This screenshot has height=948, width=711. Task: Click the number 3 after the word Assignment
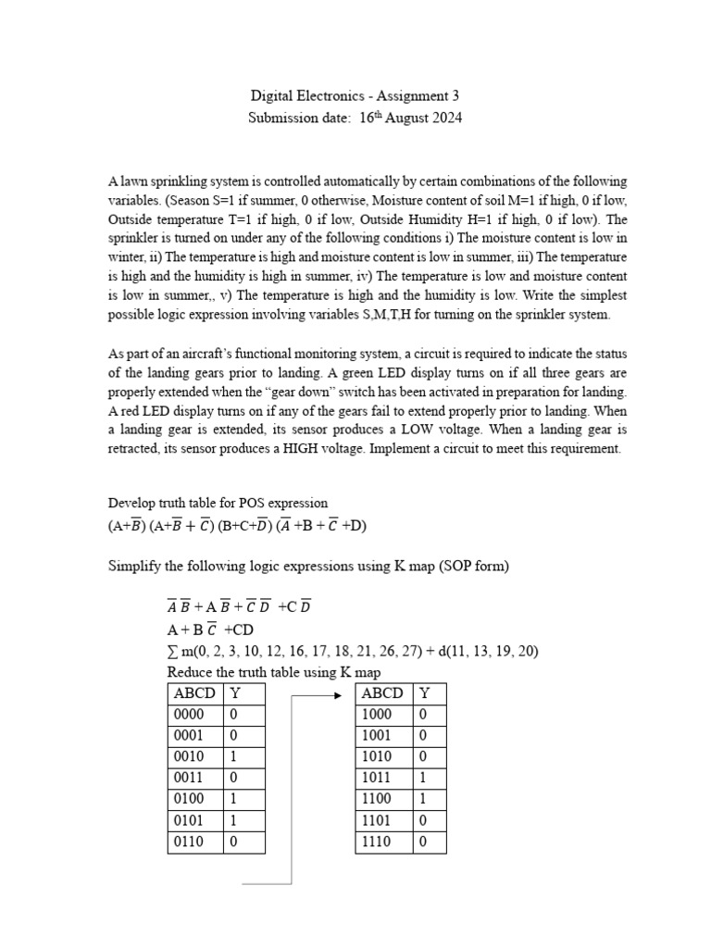(455, 96)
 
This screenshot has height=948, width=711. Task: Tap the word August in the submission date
(396, 118)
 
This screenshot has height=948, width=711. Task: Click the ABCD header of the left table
(193, 693)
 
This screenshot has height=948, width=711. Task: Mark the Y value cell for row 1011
(424, 779)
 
